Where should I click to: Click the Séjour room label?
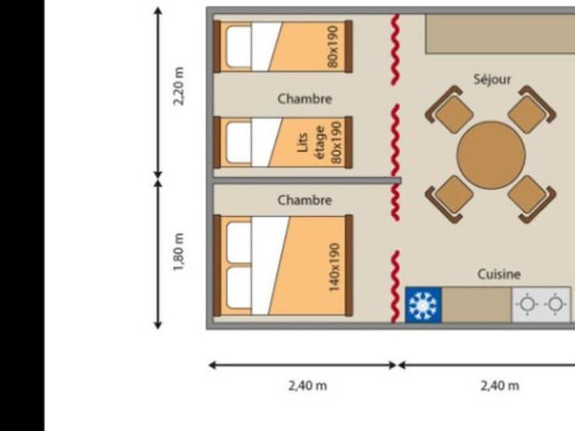[x=492, y=79]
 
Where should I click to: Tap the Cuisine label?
[x=499, y=274]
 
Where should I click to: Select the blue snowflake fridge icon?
[x=423, y=305]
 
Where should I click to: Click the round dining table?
[x=491, y=154]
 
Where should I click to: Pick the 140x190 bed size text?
[x=334, y=268]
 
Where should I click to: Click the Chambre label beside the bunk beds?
[x=305, y=99]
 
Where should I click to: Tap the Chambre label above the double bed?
[x=305, y=200]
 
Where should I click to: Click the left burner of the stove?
[x=527, y=305]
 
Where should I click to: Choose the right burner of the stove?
[x=555, y=305]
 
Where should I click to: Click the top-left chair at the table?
[x=452, y=112]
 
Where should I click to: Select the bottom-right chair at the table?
[x=531, y=196]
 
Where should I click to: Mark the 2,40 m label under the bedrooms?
[x=308, y=386]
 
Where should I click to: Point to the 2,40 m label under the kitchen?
[x=500, y=386]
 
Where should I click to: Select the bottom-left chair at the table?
[x=451, y=196]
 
